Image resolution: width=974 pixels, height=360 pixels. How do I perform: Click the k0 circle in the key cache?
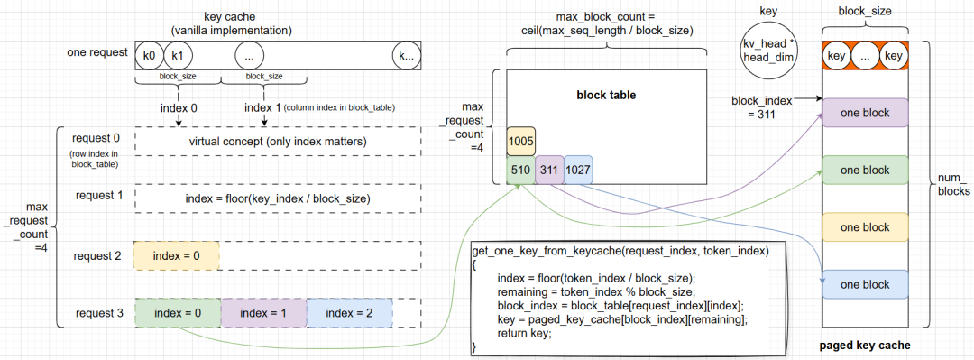coord(149,55)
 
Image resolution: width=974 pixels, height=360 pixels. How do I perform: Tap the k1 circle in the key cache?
coord(177,55)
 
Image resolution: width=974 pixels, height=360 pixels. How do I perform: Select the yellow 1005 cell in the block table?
coord(520,142)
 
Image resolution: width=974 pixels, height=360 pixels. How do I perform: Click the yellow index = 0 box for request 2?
coord(176,255)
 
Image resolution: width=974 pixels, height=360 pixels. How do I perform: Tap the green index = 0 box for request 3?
coord(176,312)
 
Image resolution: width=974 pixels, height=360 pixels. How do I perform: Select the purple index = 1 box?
coord(262,312)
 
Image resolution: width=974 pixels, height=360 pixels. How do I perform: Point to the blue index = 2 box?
coord(349,312)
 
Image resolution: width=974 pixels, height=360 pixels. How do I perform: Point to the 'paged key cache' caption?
coord(864,346)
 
